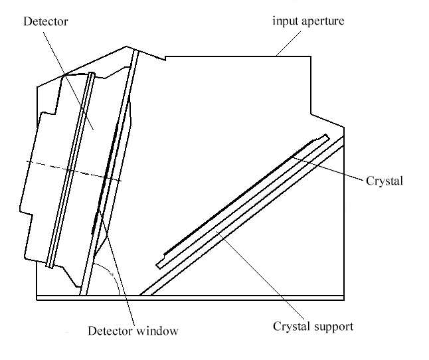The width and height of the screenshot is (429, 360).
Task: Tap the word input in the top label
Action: pos(284,21)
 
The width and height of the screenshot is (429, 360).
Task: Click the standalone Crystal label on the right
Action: pos(385,180)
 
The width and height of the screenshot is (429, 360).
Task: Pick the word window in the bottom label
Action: pos(158,329)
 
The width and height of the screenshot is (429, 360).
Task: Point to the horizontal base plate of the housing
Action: pos(199,297)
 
